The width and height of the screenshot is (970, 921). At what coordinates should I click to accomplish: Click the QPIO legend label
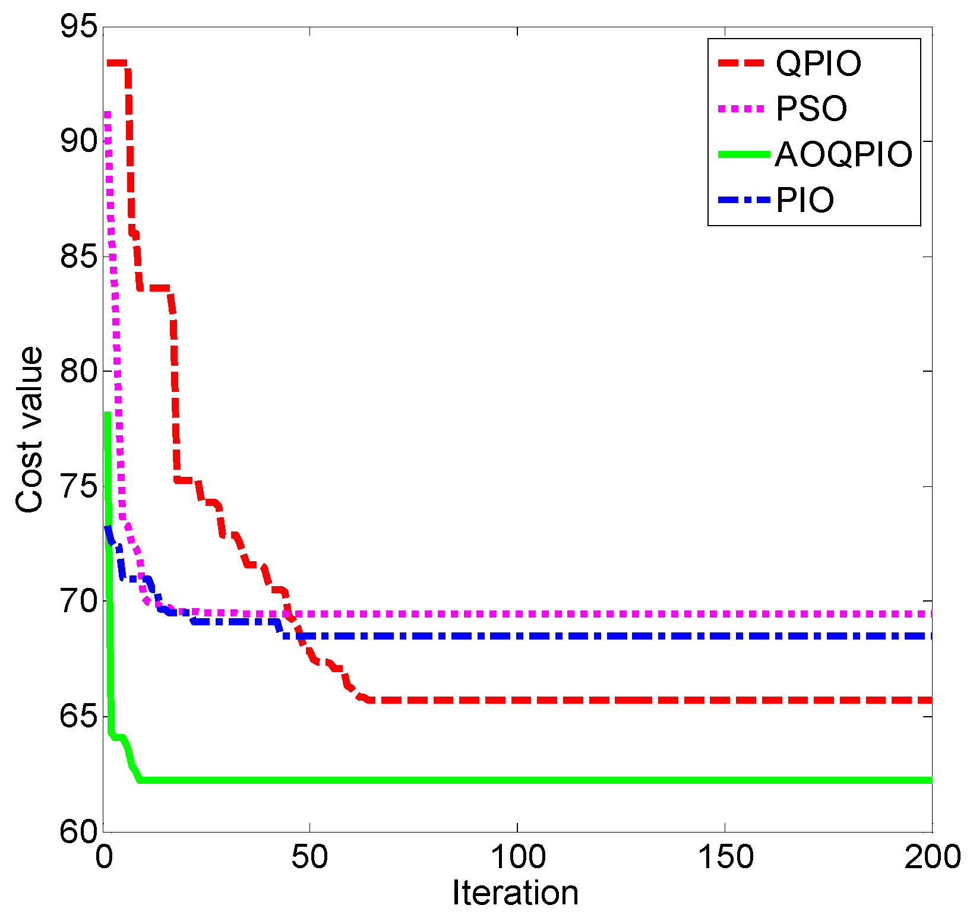(x=818, y=64)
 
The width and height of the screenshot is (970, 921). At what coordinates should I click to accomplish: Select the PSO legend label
(x=811, y=109)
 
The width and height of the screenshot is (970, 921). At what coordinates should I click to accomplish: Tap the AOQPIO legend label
(x=843, y=154)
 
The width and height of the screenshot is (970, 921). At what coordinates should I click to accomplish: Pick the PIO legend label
(x=805, y=200)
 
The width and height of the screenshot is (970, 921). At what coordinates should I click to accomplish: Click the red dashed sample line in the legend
(x=741, y=63)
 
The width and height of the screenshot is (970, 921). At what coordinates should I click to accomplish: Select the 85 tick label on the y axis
(x=79, y=257)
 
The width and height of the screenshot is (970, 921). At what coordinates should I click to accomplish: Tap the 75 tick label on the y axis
(x=79, y=486)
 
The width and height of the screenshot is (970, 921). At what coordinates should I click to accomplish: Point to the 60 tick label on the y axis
(x=79, y=831)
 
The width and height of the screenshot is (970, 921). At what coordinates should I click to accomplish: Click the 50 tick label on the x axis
(x=309, y=857)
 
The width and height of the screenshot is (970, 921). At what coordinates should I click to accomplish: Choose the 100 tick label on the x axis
(x=517, y=857)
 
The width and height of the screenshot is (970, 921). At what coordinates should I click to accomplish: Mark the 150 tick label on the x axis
(x=725, y=857)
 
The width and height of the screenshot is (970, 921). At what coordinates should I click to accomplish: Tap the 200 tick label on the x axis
(x=932, y=857)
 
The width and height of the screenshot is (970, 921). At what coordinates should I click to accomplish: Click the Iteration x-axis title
(x=515, y=892)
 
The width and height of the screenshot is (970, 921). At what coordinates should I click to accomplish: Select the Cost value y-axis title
(x=30, y=429)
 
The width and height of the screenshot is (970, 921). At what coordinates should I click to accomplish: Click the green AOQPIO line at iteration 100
(x=517, y=780)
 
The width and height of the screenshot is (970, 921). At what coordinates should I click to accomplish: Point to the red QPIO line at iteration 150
(x=725, y=700)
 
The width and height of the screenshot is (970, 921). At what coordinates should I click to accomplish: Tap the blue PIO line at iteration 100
(x=517, y=636)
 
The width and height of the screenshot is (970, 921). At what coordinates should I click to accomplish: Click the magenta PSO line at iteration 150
(x=725, y=613)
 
